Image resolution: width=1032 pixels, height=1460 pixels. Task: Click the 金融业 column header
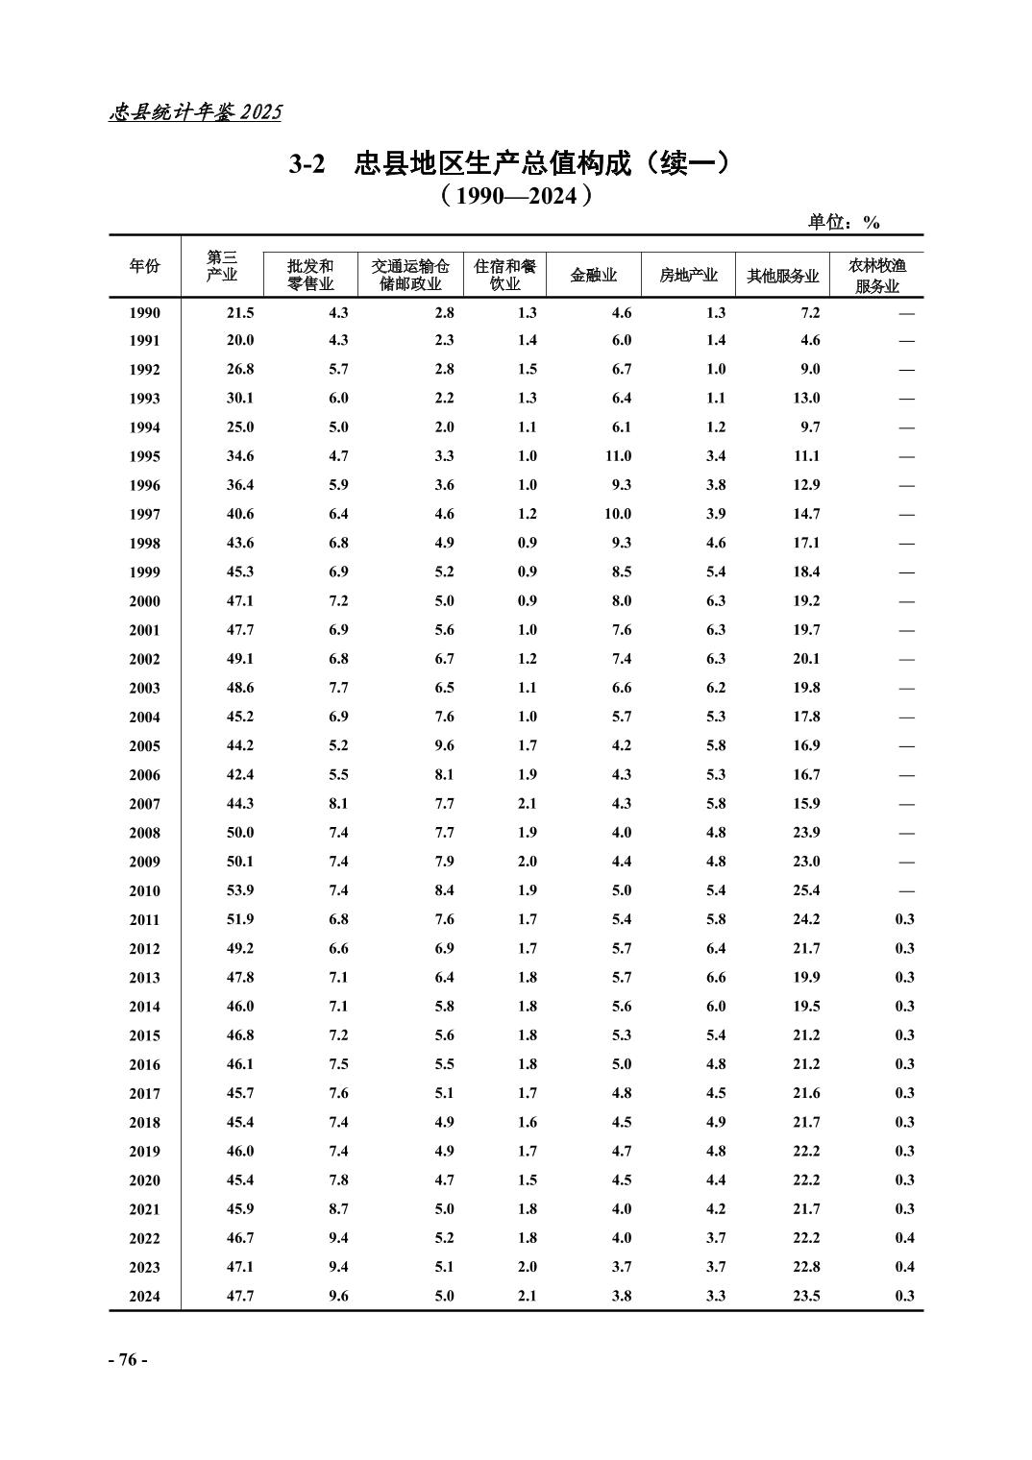[x=593, y=276]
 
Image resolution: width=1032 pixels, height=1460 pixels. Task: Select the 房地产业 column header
[x=688, y=276]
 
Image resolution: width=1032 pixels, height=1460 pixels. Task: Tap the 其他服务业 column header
[x=782, y=276]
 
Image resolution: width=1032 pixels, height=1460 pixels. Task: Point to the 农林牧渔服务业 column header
[x=876, y=276]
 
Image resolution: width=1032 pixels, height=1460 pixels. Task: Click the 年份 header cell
[x=144, y=267]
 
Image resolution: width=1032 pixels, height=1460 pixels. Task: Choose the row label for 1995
[x=144, y=457]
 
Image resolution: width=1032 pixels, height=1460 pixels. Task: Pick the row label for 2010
[x=144, y=891]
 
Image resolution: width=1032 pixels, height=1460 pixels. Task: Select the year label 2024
[x=144, y=1297]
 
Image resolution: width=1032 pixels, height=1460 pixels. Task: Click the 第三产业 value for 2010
[x=239, y=890]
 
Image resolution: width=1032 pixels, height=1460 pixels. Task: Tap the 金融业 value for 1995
[x=618, y=456]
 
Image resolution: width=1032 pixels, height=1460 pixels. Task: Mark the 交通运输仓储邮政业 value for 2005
[x=443, y=745]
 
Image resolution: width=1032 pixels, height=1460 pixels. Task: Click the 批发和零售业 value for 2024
[x=337, y=1296]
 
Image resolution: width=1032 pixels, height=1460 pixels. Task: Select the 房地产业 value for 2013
[x=715, y=977]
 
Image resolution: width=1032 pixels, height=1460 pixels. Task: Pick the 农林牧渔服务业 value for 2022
[x=904, y=1238]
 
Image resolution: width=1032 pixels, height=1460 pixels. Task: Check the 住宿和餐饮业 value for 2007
[x=527, y=803]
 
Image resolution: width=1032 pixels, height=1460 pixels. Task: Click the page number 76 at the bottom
[x=127, y=1360]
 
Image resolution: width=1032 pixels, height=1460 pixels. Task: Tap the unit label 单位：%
[x=843, y=223]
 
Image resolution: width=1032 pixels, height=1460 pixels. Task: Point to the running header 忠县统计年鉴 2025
[x=195, y=112]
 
